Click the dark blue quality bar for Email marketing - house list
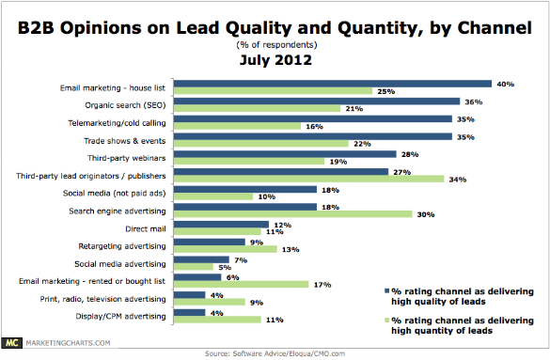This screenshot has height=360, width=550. click(334, 83)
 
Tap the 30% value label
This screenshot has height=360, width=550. click(426, 213)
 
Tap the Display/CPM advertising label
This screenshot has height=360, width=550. click(124, 315)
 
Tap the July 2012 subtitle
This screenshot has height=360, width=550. click(274, 60)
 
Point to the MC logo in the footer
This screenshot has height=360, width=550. click(14, 343)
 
